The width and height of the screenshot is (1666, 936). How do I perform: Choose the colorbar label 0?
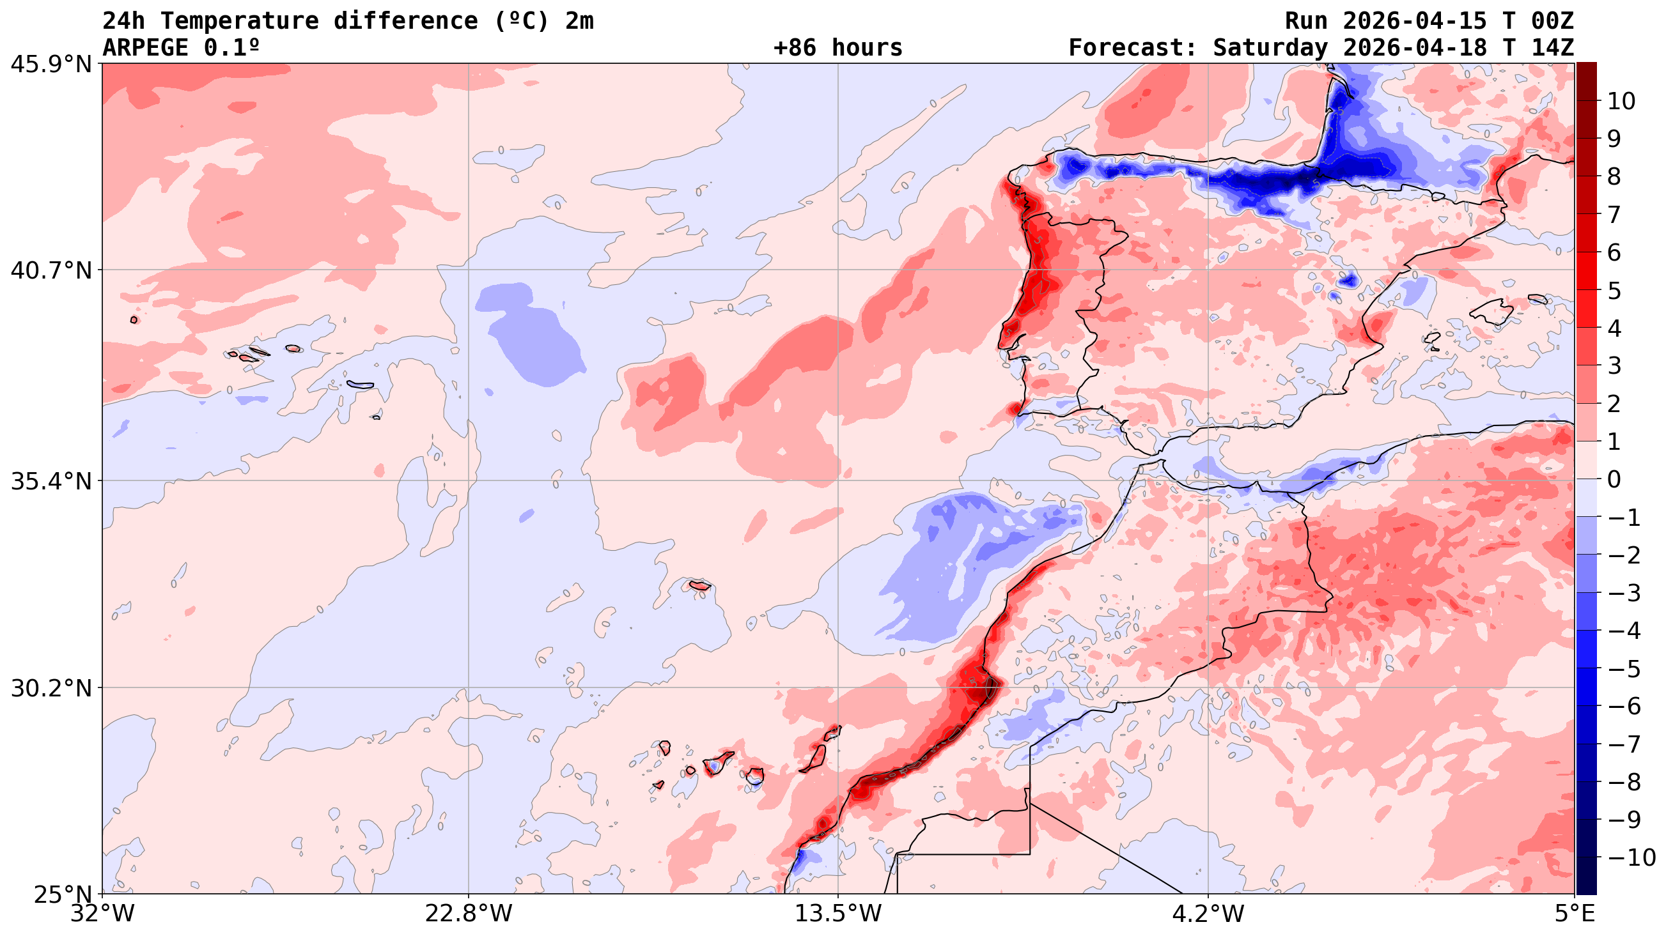pos(1614,480)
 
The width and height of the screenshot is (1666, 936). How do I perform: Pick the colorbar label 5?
pos(1614,291)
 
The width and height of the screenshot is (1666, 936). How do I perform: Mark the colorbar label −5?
pos(1624,669)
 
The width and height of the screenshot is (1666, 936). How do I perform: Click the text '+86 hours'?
pos(837,48)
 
